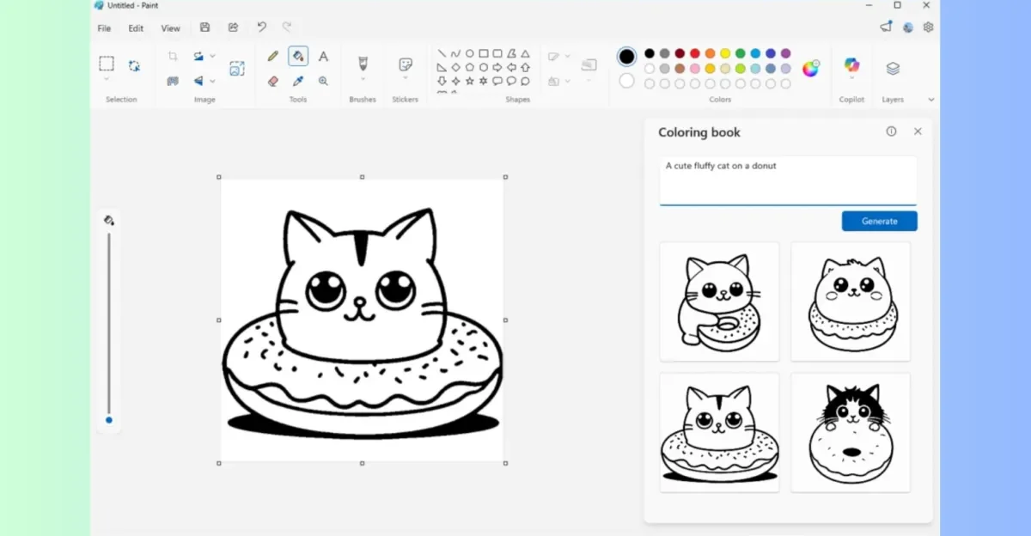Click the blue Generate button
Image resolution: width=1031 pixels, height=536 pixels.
pos(879,221)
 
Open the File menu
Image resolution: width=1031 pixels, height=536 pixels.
pos(104,28)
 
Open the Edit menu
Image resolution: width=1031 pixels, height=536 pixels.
pos(136,28)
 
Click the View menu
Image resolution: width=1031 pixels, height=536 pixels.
pos(171,28)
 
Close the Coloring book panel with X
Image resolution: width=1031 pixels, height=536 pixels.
pos(918,131)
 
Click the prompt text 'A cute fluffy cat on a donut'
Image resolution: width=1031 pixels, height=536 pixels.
pos(720,166)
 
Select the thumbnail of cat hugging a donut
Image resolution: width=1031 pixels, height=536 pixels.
pos(719,301)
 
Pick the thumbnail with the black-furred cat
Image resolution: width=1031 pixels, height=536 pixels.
pos(851,432)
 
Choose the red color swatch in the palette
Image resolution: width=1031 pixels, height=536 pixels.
pos(694,53)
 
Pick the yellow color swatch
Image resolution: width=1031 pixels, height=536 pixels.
pos(725,53)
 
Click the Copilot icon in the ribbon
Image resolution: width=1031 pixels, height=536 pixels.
pos(851,66)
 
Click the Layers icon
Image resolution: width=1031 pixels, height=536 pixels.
pos(893,68)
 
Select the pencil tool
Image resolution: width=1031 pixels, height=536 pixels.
pos(273,56)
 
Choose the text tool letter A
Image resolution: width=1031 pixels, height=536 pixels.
pos(323,57)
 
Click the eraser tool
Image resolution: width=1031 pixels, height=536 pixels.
pos(273,81)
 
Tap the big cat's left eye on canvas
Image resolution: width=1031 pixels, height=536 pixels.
pos(326,289)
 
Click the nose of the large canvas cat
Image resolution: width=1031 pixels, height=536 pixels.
pos(360,301)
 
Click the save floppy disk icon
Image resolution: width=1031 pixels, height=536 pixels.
pos(204,27)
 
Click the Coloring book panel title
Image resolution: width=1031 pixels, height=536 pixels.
pos(699,132)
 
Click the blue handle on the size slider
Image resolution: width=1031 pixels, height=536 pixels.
pos(109,420)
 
